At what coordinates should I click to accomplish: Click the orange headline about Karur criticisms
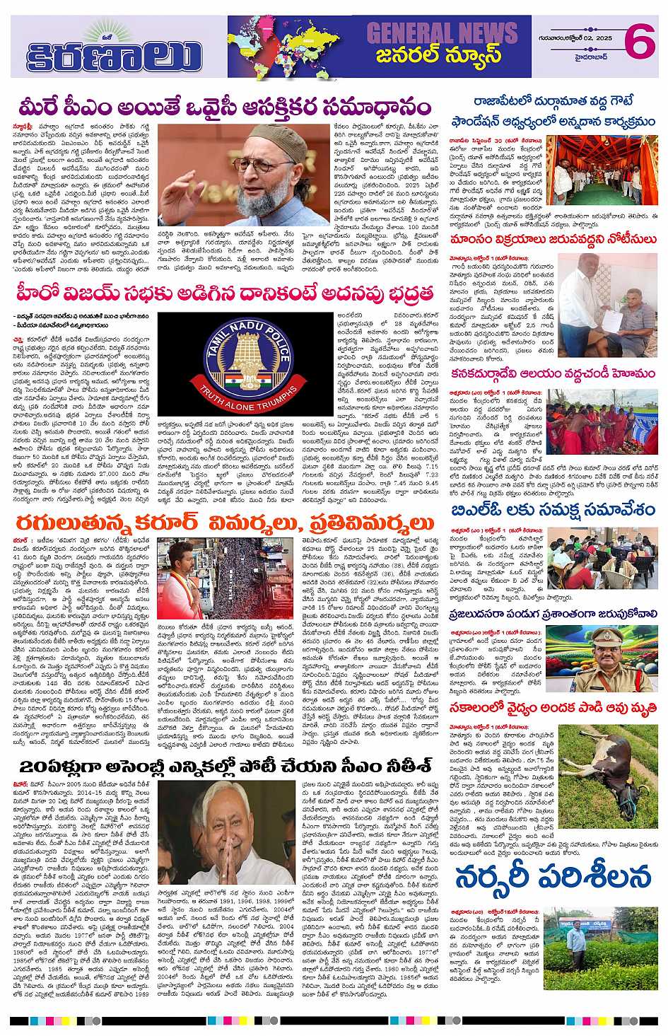225,523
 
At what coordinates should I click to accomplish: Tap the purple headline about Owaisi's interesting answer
225,107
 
